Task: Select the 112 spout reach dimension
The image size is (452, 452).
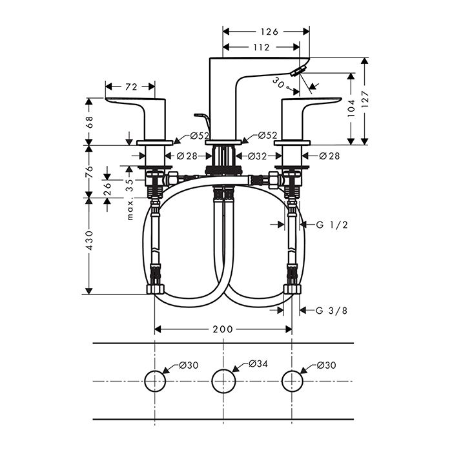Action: point(261,46)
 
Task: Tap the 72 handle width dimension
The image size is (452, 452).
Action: point(130,86)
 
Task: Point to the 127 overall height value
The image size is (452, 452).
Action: point(366,101)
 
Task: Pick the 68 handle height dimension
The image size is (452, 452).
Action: point(90,121)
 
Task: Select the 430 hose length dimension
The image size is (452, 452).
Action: point(90,240)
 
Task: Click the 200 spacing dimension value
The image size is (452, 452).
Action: point(223,329)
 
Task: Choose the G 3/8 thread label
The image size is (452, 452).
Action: point(332,311)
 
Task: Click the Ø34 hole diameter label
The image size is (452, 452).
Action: point(258,365)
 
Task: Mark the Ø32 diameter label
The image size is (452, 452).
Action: point(258,156)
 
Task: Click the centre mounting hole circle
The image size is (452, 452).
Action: point(223,381)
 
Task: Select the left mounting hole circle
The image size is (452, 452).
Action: point(154,381)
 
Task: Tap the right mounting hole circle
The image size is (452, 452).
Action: point(292,381)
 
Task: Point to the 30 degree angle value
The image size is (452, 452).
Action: point(278,81)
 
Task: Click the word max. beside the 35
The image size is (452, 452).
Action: point(130,210)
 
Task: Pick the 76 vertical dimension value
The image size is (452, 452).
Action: point(90,171)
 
